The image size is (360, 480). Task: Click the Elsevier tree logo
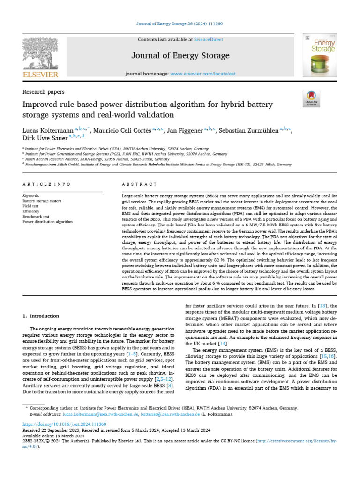pyautogui.click(x=41, y=53)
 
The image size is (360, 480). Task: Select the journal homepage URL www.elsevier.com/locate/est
pyautogui.click(x=202, y=74)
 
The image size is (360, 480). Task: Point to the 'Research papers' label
pyautogui.click(x=44, y=92)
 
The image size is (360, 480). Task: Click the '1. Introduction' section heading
pyautogui.click(x=42, y=316)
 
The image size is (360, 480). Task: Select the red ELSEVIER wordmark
pyautogui.click(x=41, y=74)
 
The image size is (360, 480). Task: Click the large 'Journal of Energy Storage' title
pyautogui.click(x=180, y=56)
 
